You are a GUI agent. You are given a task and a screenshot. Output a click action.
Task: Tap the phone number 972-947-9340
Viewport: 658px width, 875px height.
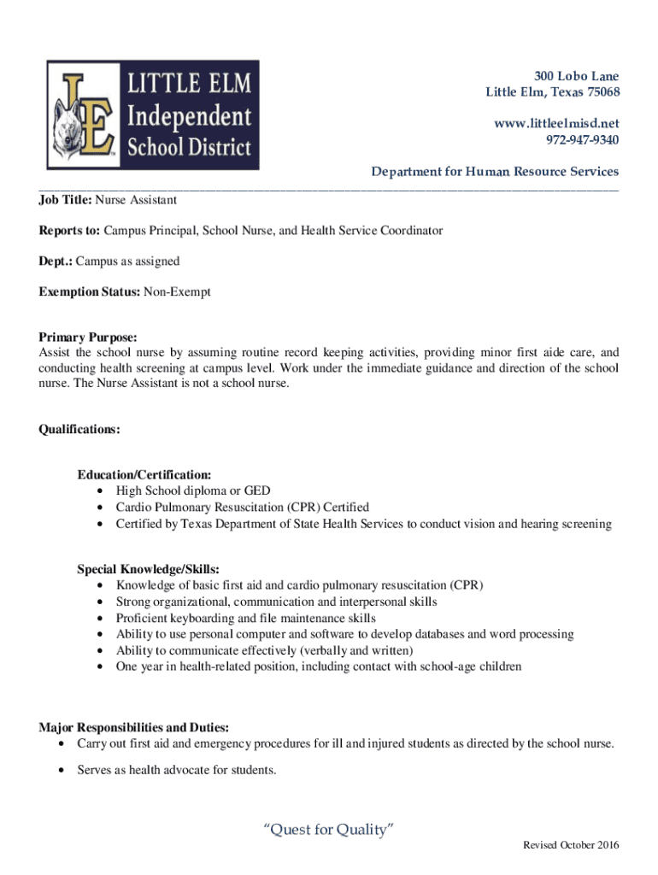tap(582, 140)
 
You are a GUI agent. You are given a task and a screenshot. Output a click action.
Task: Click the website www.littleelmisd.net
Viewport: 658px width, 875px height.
tap(556, 124)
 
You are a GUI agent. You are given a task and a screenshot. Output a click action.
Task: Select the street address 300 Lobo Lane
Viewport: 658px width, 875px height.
tap(577, 76)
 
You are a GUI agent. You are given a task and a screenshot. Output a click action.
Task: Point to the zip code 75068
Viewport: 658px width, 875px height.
tap(602, 92)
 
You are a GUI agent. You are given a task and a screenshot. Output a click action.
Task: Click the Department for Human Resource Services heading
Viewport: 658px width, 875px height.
tap(495, 172)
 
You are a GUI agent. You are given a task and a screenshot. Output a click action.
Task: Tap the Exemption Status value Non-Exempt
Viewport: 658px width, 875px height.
tap(177, 292)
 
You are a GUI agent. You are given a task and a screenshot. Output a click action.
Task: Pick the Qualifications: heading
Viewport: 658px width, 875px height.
tap(79, 430)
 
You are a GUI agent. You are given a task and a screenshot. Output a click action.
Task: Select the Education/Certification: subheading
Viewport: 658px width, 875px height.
tap(144, 474)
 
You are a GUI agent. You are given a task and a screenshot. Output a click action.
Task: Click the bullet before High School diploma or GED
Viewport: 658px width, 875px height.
tap(103, 491)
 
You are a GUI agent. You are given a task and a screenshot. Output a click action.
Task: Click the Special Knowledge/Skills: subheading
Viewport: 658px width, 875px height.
tap(149, 569)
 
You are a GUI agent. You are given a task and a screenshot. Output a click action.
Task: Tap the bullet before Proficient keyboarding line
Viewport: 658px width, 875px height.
tap(103, 619)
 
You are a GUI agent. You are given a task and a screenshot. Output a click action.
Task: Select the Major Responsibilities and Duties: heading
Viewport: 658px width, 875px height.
tap(133, 728)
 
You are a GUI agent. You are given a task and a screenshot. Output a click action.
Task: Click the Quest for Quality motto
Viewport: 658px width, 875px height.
tap(328, 830)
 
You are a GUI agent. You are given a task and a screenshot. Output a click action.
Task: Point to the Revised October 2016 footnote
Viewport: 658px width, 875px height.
tap(571, 846)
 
